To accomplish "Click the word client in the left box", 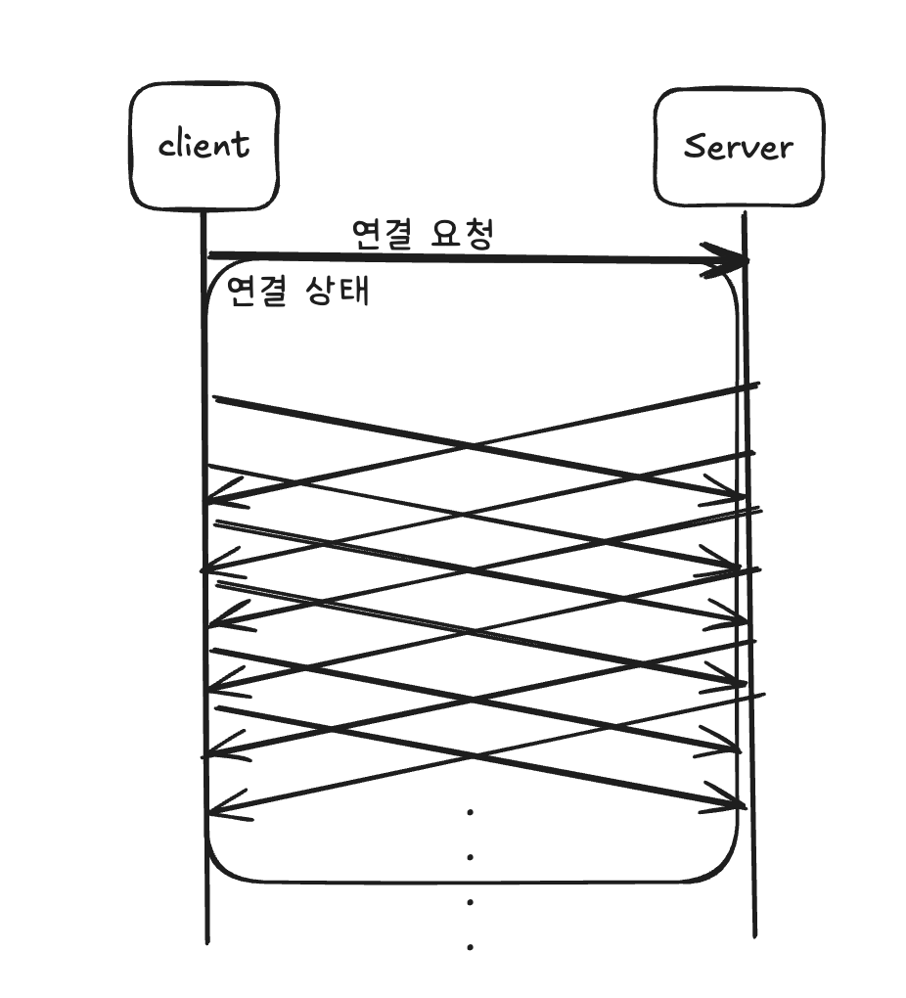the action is click(x=204, y=145).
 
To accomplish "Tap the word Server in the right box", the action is click(x=738, y=147).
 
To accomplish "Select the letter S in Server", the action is click(x=695, y=147).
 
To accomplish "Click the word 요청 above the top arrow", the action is click(x=463, y=234).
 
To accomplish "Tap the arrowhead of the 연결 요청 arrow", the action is click(x=732, y=261).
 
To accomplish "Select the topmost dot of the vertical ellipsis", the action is click(x=471, y=811).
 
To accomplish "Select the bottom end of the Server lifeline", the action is click(x=754, y=934).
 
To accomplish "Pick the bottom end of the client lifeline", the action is click(x=207, y=941).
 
